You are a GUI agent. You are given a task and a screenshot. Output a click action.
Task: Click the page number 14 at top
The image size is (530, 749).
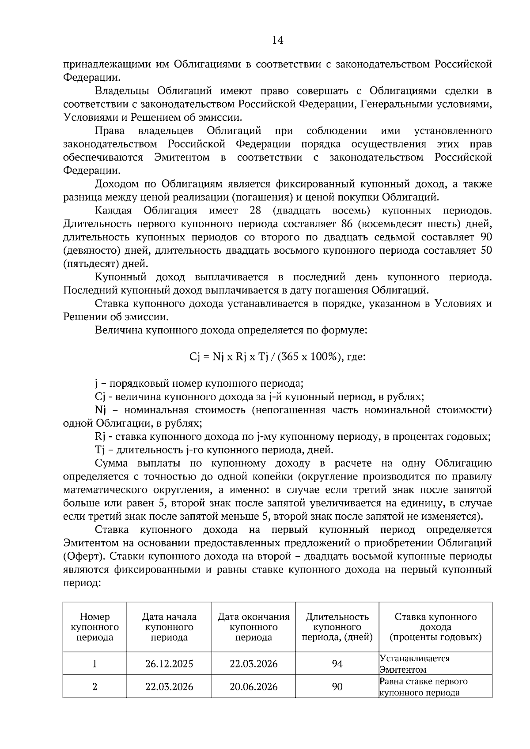(x=277, y=40)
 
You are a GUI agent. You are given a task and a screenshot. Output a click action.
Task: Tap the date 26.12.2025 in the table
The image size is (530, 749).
(x=169, y=663)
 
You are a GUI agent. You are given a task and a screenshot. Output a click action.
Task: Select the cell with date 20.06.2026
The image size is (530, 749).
(x=254, y=686)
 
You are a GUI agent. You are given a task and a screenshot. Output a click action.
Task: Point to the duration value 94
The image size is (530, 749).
(x=337, y=663)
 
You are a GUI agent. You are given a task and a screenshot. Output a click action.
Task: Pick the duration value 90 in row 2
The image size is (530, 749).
(x=337, y=686)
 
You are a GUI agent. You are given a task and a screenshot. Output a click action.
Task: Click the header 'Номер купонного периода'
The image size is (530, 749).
(x=95, y=627)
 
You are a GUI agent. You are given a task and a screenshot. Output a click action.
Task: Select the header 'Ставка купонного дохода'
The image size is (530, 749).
(x=435, y=627)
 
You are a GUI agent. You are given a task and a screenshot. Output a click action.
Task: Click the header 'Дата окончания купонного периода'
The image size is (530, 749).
(x=254, y=627)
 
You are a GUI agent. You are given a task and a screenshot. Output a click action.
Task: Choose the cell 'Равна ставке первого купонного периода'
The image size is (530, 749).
(x=423, y=686)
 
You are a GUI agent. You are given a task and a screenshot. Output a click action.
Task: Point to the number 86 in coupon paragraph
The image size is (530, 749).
(x=347, y=224)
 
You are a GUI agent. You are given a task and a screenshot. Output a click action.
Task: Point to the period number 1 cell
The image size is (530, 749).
(x=95, y=663)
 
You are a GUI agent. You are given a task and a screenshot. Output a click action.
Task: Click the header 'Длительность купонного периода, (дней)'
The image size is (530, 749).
(x=337, y=627)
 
